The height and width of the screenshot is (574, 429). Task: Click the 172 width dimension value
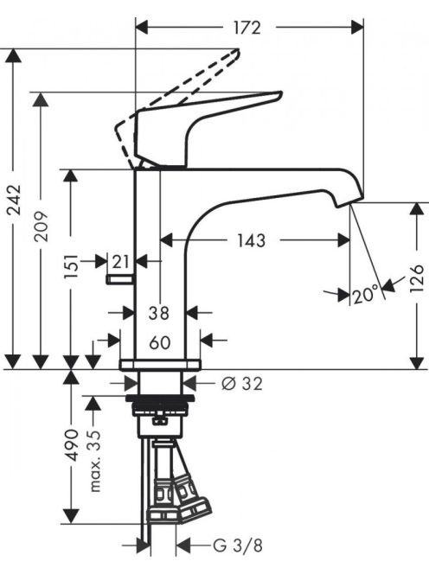(x=247, y=28)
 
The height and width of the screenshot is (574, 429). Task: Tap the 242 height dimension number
(x=15, y=200)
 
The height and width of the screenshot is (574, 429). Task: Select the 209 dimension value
(x=41, y=226)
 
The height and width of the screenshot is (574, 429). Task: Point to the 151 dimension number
(x=71, y=266)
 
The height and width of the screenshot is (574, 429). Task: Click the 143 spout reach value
(x=251, y=240)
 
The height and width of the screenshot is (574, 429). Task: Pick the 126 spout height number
(x=417, y=278)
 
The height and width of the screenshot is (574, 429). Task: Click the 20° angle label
(x=365, y=295)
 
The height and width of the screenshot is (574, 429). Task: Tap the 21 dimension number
(x=121, y=262)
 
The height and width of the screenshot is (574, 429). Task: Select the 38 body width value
(x=159, y=313)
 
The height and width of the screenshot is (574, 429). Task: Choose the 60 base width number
(x=160, y=342)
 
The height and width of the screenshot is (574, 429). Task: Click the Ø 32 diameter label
(x=242, y=384)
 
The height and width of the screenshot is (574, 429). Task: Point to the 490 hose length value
(x=71, y=445)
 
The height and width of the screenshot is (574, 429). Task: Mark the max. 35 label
(x=94, y=461)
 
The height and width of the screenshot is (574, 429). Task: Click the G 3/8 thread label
(x=238, y=546)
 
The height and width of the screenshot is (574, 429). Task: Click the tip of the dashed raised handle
(x=238, y=50)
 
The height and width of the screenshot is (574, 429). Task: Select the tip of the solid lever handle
(x=280, y=93)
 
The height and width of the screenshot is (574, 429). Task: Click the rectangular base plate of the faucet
(x=161, y=365)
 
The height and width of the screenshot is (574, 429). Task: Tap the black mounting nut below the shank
(x=160, y=399)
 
